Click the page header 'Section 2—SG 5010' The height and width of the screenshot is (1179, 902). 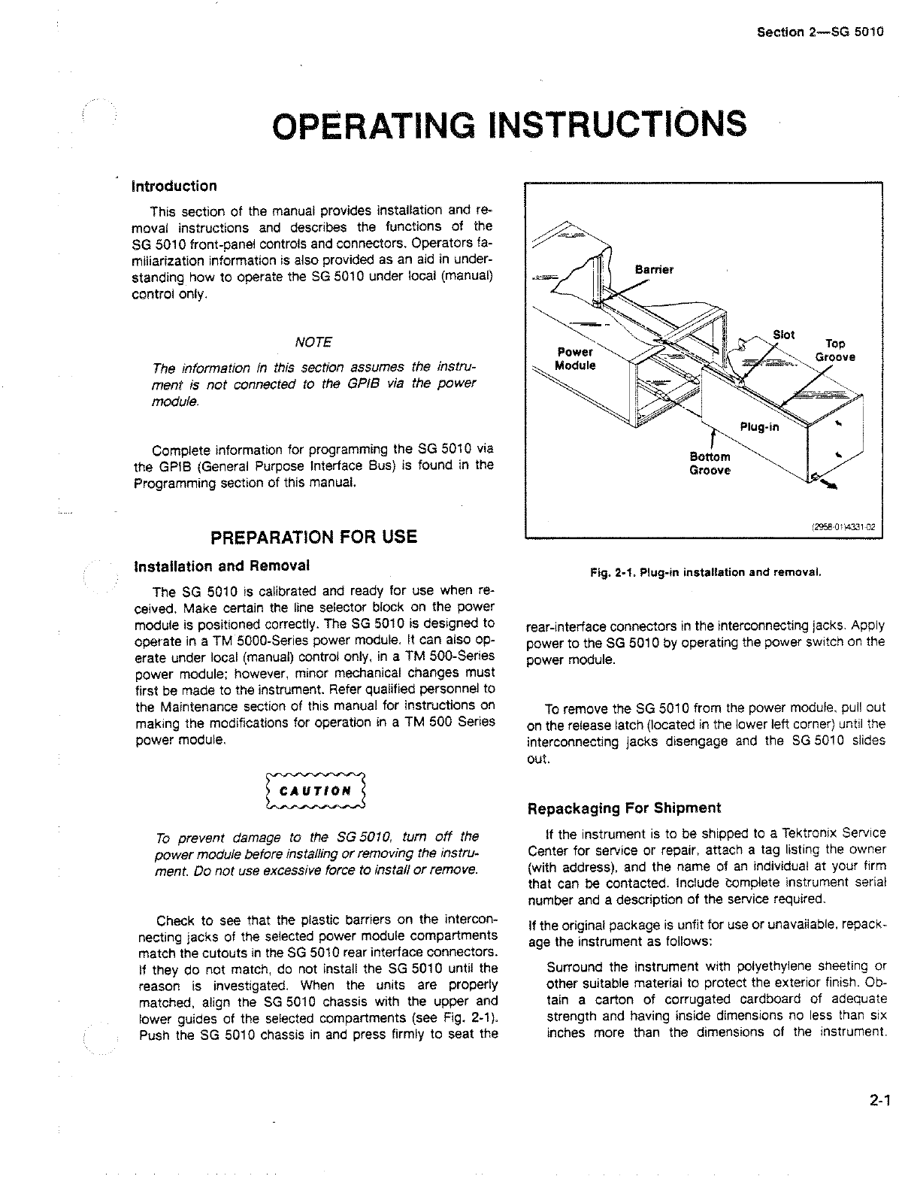(818, 33)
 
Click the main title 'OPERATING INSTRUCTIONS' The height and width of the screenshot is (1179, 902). (510, 124)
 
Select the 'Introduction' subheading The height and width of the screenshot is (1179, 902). (174, 186)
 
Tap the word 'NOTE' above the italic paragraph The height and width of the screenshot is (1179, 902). (313, 342)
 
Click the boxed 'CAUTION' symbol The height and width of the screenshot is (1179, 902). (315, 791)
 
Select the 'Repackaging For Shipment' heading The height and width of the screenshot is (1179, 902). (624, 808)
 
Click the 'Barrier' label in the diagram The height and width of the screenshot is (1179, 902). (654, 269)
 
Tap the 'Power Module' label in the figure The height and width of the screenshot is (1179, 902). (574, 359)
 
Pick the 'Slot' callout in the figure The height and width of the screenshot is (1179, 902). (784, 335)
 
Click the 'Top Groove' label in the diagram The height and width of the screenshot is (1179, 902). (835, 350)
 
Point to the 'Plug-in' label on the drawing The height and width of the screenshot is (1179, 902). (760, 428)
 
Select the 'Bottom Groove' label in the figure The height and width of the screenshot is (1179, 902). (710, 464)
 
